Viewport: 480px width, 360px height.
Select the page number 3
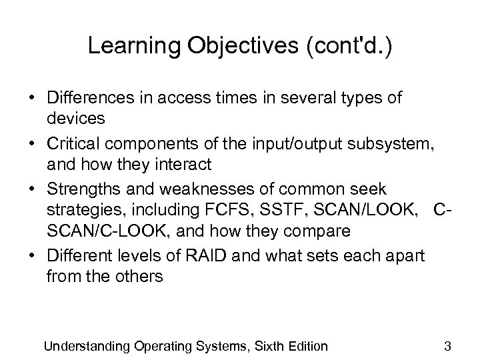(x=448, y=345)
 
